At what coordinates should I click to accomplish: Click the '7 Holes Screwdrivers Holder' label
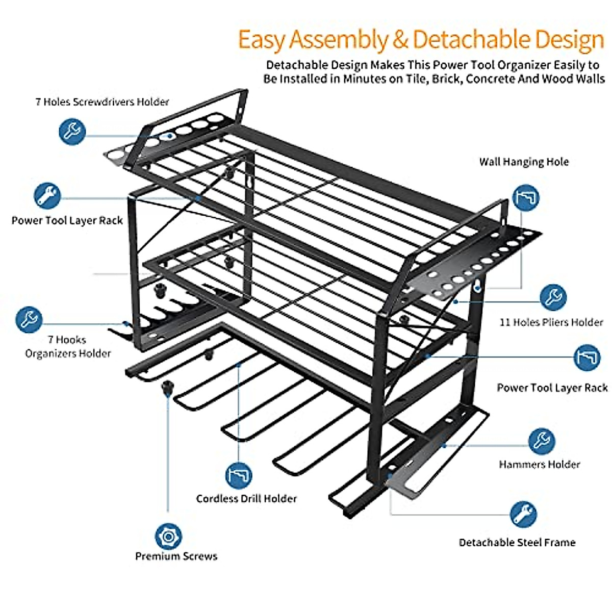tap(102, 101)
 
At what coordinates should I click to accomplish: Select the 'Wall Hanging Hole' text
tap(524, 162)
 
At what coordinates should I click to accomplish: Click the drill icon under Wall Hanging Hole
tap(525, 197)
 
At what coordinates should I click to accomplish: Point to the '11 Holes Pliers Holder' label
tap(551, 322)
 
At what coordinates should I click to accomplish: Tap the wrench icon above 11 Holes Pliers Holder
tap(552, 297)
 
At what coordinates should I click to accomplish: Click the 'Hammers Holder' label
tap(540, 464)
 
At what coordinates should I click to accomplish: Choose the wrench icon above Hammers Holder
tap(541, 441)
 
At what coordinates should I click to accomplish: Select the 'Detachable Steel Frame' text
tap(517, 542)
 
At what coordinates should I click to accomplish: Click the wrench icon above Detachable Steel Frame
tap(523, 514)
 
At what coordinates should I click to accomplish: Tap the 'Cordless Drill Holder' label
tap(246, 498)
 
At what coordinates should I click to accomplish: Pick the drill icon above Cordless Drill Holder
tap(239, 475)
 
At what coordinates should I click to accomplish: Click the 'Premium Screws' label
tap(176, 556)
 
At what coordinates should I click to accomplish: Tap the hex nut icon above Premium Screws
tap(168, 536)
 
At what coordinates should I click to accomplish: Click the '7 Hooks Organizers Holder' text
tap(68, 346)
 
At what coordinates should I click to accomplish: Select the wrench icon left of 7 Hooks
tap(29, 319)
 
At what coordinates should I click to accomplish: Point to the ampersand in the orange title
tap(400, 40)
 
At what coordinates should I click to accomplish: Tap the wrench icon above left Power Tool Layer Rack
tap(47, 196)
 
